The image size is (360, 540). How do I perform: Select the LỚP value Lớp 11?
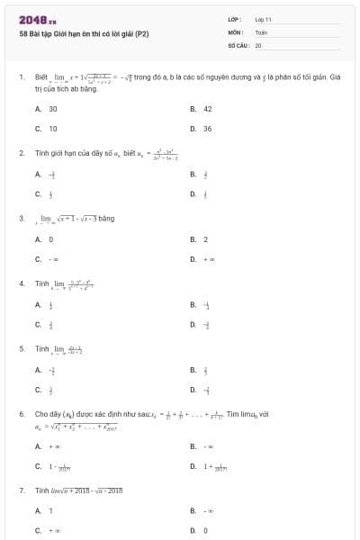coord(263,19)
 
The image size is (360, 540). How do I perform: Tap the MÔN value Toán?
coord(261,31)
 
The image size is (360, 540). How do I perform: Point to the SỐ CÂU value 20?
coord(258,44)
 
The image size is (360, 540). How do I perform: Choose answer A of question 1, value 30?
coord(53,108)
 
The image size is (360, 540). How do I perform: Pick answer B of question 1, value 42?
coord(207,108)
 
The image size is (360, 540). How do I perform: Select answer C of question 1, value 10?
coord(53,129)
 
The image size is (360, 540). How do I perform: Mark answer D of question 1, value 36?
coord(207,129)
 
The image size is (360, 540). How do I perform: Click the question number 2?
coord(21,153)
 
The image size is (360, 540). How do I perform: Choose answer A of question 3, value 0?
coord(51,238)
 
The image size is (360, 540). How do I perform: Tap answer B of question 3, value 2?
coord(205,238)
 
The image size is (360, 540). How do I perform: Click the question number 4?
coord(21,283)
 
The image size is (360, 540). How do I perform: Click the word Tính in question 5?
coord(41,347)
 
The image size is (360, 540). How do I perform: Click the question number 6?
coord(21,413)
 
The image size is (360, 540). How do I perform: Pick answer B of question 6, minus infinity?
coord(208,445)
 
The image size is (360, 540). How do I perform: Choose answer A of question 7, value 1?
coord(51,511)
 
